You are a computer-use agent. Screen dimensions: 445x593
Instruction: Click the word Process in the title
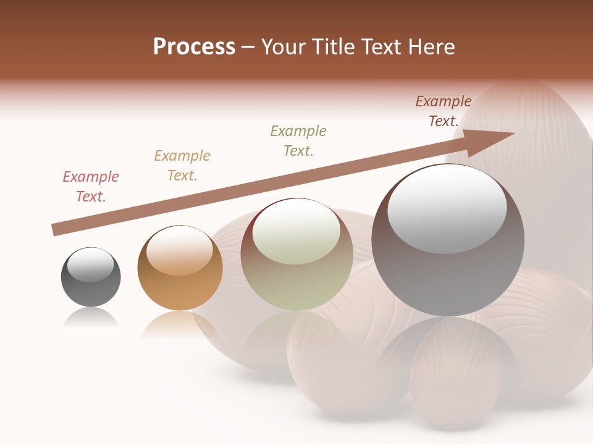[x=194, y=47]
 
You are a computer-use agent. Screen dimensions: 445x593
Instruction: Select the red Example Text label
[x=91, y=187]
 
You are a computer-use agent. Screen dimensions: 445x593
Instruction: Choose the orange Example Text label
[x=182, y=166]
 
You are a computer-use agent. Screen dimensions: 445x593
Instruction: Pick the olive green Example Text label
[x=298, y=141]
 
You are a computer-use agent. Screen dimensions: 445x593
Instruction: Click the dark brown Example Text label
[x=444, y=111]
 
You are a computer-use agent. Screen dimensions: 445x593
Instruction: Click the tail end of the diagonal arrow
[x=54, y=230]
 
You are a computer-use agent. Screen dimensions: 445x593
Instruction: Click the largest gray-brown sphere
[x=448, y=272]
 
